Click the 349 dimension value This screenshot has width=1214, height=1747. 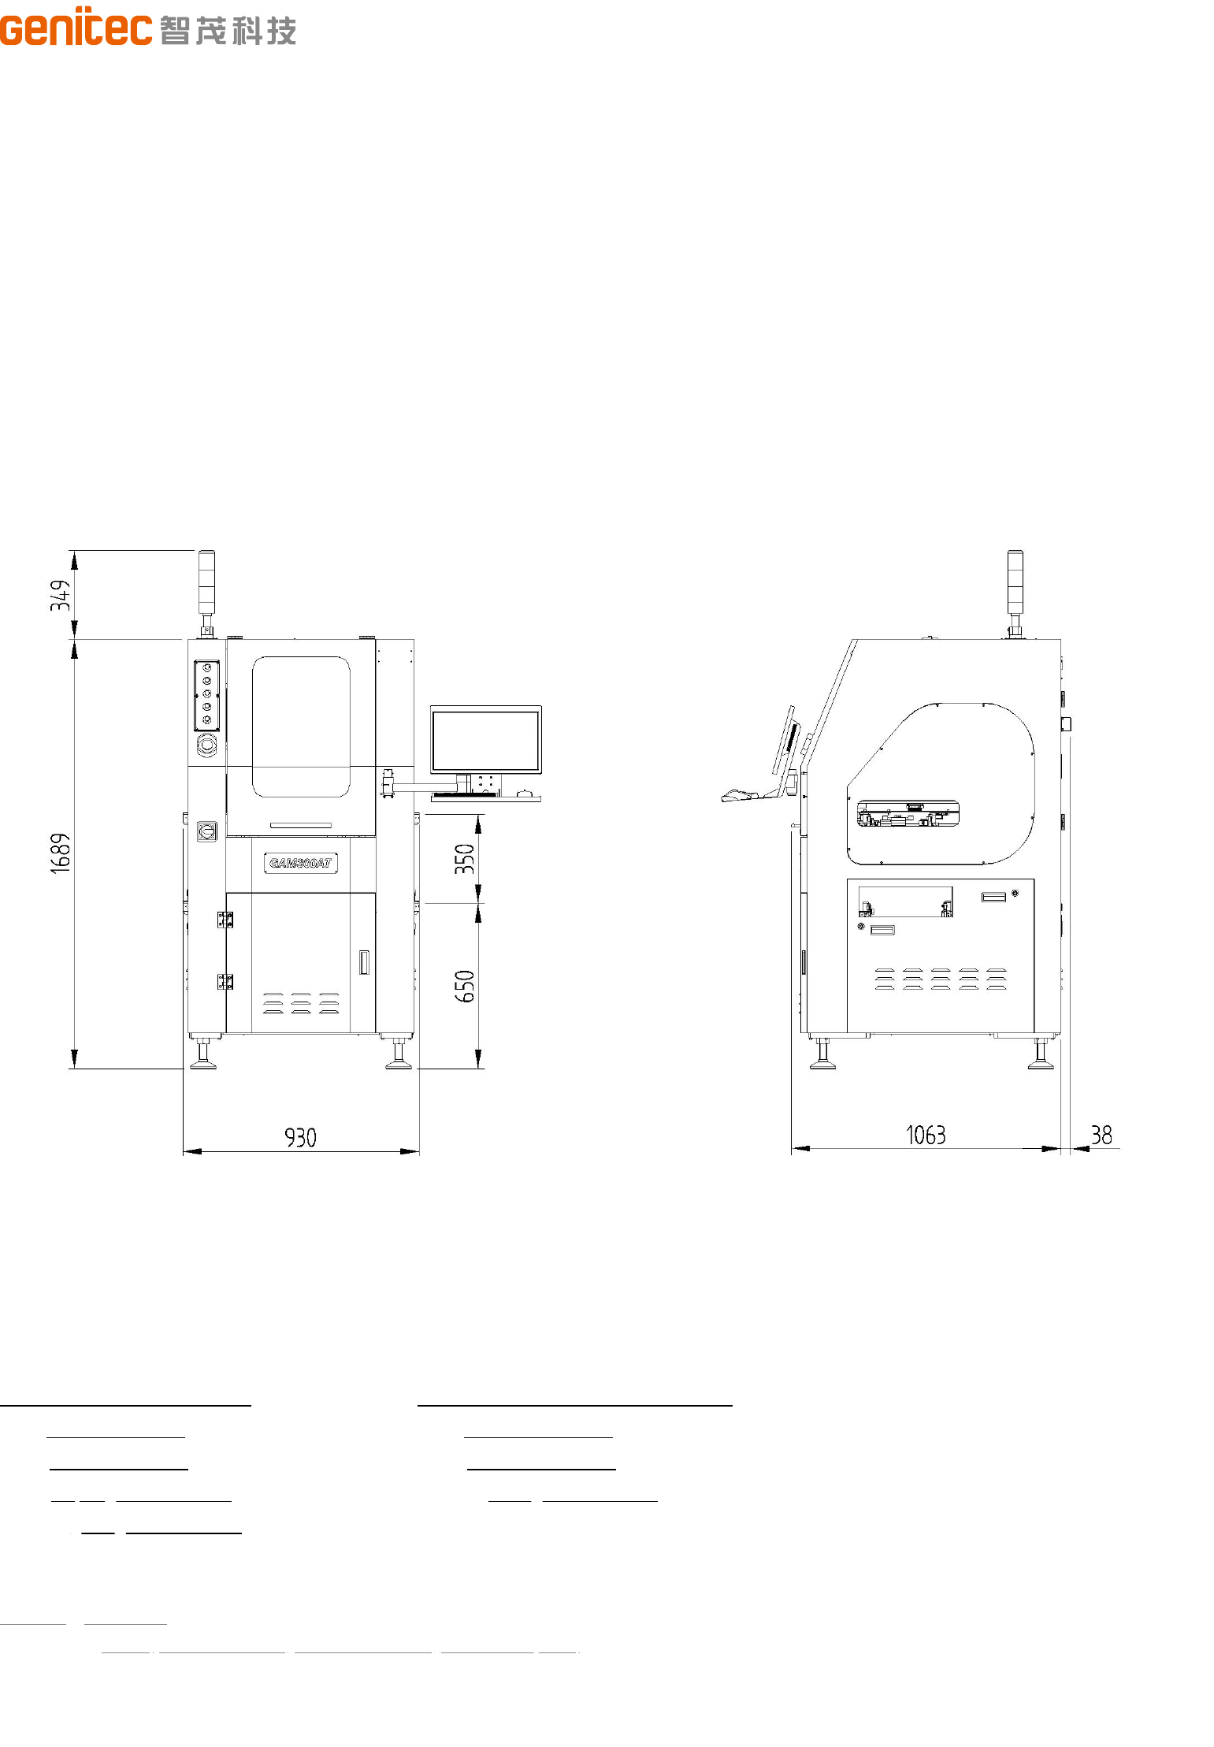click(61, 595)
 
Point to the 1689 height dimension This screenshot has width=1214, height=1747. click(61, 853)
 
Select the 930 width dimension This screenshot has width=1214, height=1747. click(300, 1137)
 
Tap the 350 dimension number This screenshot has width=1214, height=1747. click(465, 859)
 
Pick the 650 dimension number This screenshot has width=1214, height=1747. click(465, 986)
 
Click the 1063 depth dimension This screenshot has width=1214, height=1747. click(926, 1135)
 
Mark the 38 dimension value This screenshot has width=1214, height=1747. click(1101, 1135)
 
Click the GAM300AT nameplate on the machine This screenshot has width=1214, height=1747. click(300, 863)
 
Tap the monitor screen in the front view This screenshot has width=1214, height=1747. click(486, 740)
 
